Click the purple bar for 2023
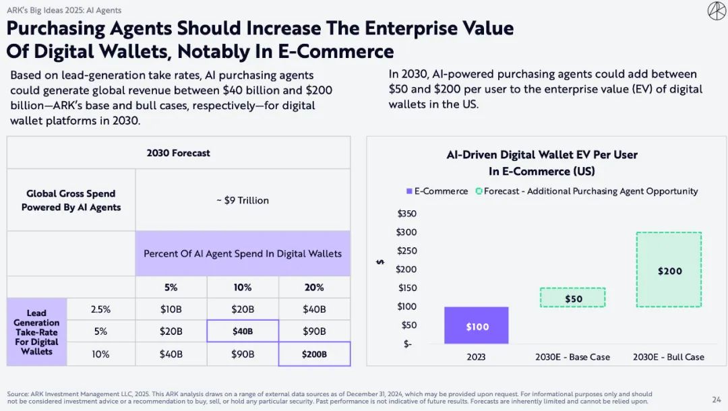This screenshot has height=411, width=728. click(x=476, y=325)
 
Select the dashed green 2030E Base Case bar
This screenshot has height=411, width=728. click(x=574, y=298)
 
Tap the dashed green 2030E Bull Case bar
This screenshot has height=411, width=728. click(x=669, y=270)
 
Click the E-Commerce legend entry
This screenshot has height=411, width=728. click(x=437, y=191)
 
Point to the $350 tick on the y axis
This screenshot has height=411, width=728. click(x=407, y=214)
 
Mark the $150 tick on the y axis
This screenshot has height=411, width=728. click(x=407, y=288)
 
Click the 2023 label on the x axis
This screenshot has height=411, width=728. click(x=476, y=357)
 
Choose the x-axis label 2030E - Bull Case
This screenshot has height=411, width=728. click(x=668, y=357)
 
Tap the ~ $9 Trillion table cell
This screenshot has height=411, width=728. click(x=243, y=200)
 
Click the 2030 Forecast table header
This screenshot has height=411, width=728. click(x=179, y=153)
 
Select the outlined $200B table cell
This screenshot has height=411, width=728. click(x=314, y=354)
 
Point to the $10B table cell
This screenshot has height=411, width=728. click(x=171, y=309)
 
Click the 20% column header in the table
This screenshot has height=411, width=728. click(x=314, y=287)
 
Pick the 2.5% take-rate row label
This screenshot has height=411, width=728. click(x=100, y=309)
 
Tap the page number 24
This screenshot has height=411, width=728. click(x=716, y=399)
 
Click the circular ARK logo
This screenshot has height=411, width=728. click(x=717, y=11)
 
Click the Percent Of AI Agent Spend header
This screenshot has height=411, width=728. click(x=243, y=253)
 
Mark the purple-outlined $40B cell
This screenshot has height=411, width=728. click(x=243, y=331)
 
